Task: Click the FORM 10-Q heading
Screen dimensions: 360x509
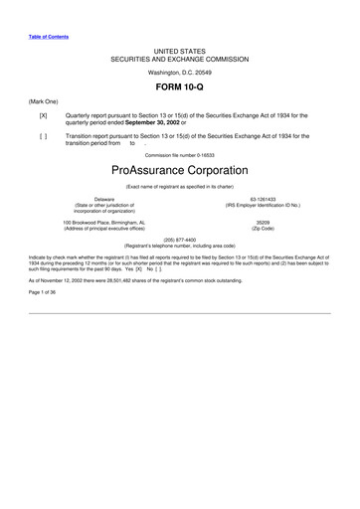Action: [179, 87]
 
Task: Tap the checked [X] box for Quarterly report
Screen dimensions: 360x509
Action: [43, 116]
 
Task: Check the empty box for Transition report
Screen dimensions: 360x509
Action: [43, 136]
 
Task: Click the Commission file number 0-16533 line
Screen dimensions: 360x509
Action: [179, 155]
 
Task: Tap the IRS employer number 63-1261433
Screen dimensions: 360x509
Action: [263, 199]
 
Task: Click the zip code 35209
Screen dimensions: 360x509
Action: [263, 223]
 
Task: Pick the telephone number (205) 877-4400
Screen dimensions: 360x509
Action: [179, 239]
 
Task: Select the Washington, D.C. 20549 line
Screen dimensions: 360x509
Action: [179, 73]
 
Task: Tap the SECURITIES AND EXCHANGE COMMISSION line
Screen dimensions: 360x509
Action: [179, 57]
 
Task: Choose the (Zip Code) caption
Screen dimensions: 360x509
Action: [263, 229]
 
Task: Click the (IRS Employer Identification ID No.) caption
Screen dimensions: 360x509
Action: [263, 205]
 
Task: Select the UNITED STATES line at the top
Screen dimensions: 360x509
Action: [179, 49]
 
